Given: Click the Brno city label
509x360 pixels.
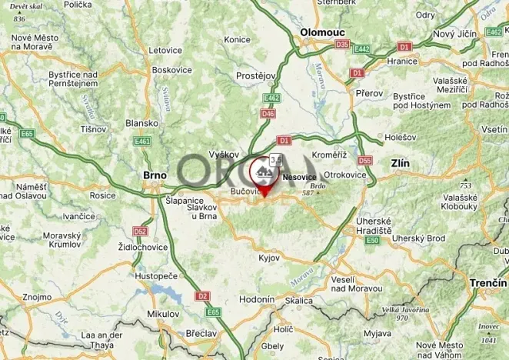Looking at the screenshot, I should pyautogui.click(x=155, y=175).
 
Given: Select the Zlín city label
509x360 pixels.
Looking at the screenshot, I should pyautogui.click(x=400, y=164).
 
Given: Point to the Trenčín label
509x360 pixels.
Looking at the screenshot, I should pyautogui.click(x=488, y=283).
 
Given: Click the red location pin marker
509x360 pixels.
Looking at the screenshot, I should pyautogui.click(x=265, y=192).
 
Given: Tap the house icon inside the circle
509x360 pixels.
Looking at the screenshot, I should pyautogui.click(x=264, y=169).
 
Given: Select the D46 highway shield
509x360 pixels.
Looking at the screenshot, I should pyautogui.click(x=268, y=114).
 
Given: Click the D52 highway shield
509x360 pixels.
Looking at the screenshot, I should pyautogui.click(x=139, y=231).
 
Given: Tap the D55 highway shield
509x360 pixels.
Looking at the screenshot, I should pyautogui.click(x=364, y=161).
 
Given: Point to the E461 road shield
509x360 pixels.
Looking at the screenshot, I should pyautogui.click(x=142, y=142).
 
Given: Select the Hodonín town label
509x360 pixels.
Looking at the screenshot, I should pyautogui.click(x=258, y=299).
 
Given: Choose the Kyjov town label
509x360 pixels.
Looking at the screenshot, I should pyautogui.click(x=269, y=258).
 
